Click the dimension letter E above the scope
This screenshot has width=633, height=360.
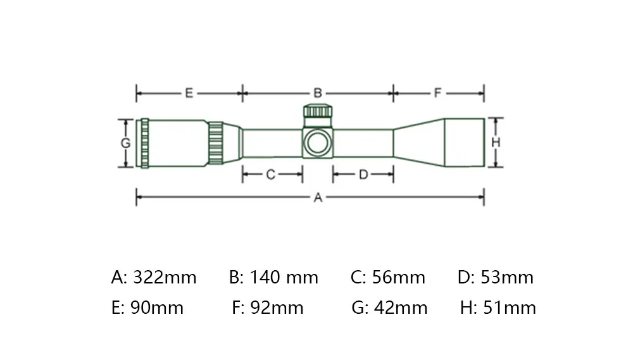click(x=189, y=93)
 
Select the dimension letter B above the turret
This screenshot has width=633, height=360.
click(x=318, y=93)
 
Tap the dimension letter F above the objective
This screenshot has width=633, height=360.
click(x=437, y=93)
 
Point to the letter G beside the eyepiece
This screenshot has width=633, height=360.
click(x=125, y=143)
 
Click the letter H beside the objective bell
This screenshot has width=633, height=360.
click(x=496, y=142)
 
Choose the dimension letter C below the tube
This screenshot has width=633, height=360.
click(x=270, y=175)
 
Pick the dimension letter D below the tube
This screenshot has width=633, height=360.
click(x=363, y=175)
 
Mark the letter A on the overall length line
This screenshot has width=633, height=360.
click(x=318, y=197)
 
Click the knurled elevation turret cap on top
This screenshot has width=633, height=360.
click(x=318, y=111)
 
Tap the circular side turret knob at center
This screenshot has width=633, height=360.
click(x=318, y=143)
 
